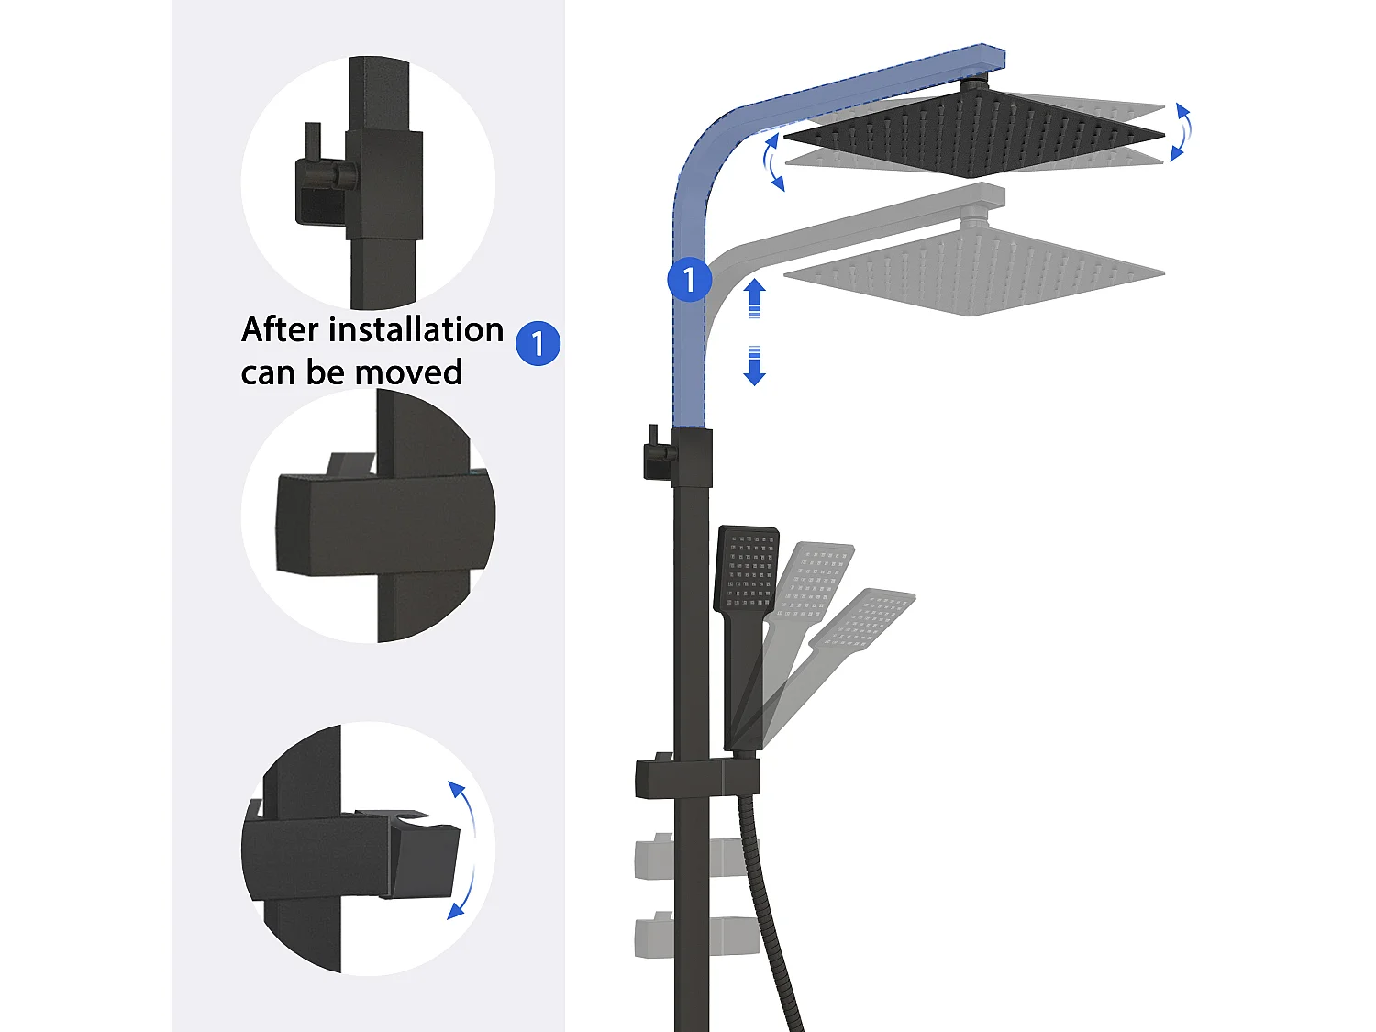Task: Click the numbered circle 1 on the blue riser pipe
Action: point(689,280)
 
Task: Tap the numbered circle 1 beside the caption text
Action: point(538,343)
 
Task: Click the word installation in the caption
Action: point(416,329)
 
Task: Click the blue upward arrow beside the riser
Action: point(754,298)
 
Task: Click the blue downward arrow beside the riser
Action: point(754,365)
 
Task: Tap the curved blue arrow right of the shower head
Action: point(1181,132)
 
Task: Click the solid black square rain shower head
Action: point(973,133)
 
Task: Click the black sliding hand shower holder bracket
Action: point(696,778)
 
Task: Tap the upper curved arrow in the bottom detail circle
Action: point(464,807)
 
